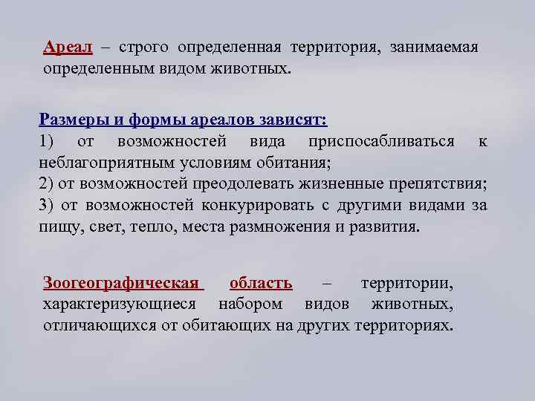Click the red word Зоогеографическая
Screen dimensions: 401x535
coord(121,283)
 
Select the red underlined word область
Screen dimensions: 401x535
coord(261,283)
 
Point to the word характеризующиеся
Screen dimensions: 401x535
coord(120,304)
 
